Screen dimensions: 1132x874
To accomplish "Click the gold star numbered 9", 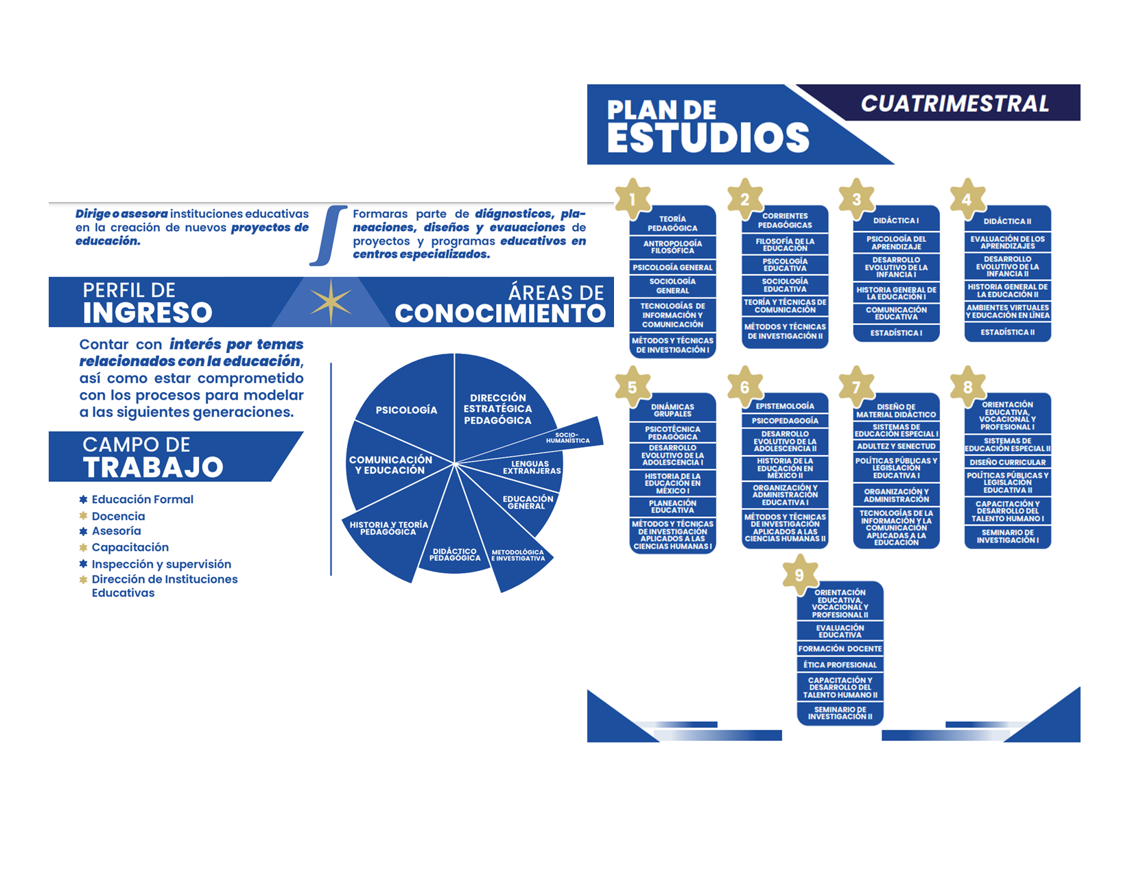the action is (799, 574).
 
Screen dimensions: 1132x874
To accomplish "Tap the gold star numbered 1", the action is (632, 198).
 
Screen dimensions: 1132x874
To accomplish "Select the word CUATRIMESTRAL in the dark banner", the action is (954, 103).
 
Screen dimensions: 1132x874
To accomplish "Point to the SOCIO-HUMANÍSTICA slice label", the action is (567, 437).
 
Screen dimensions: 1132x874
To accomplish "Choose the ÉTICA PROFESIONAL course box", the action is (839, 664).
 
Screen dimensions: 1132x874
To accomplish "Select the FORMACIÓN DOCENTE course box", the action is (839, 648).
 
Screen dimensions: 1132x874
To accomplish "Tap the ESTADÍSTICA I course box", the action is (895, 332).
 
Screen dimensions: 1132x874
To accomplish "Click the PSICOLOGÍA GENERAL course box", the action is (672, 267).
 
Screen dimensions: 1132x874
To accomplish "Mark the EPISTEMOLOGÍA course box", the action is (785, 405).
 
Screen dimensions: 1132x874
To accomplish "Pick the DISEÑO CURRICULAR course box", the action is (1007, 462).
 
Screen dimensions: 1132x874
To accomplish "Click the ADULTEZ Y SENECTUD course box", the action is (895, 446).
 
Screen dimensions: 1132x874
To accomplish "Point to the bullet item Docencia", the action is (118, 516).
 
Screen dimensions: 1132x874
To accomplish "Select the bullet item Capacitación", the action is (130, 547).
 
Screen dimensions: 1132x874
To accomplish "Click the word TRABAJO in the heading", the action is (153, 467).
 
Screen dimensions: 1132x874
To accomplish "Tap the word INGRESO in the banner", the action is (148, 313).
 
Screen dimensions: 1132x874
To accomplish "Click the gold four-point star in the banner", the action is (331, 302).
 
